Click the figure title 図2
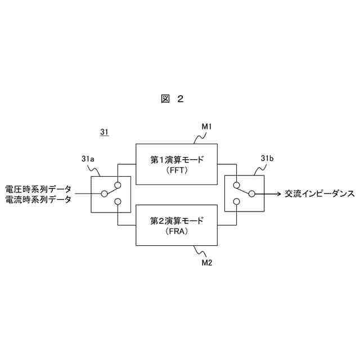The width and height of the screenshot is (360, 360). (172, 99)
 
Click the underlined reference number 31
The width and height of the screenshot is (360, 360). (104, 133)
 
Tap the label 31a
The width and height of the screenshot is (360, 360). (87, 160)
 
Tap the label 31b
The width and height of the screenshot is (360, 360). (267, 159)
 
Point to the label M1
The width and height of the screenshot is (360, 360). (206, 127)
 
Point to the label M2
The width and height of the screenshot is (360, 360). (206, 262)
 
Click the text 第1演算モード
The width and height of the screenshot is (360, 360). (177, 160)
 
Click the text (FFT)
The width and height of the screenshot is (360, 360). (176, 170)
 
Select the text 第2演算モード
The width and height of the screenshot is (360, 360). (177, 220)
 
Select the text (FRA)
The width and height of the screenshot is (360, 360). (176, 231)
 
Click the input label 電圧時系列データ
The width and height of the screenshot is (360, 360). (38, 189)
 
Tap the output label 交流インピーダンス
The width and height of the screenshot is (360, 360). (318, 193)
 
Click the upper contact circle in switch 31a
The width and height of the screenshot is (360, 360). (118, 185)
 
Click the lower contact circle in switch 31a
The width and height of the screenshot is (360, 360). (118, 202)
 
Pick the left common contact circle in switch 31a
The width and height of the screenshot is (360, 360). (104, 194)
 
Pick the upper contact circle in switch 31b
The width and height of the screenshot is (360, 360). (238, 185)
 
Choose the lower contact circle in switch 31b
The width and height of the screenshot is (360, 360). (238, 202)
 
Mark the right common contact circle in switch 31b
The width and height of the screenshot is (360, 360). (252, 193)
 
